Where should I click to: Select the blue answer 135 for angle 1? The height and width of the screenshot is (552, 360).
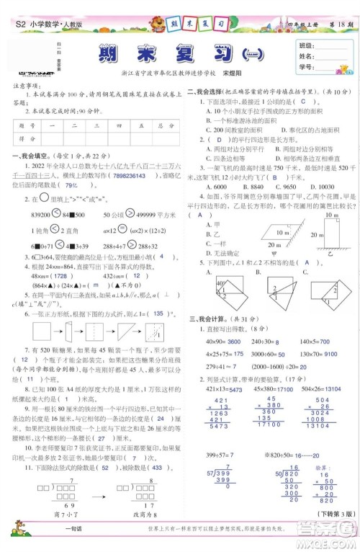coord(159,313)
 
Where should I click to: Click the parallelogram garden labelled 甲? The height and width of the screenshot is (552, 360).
coord(278,234)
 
